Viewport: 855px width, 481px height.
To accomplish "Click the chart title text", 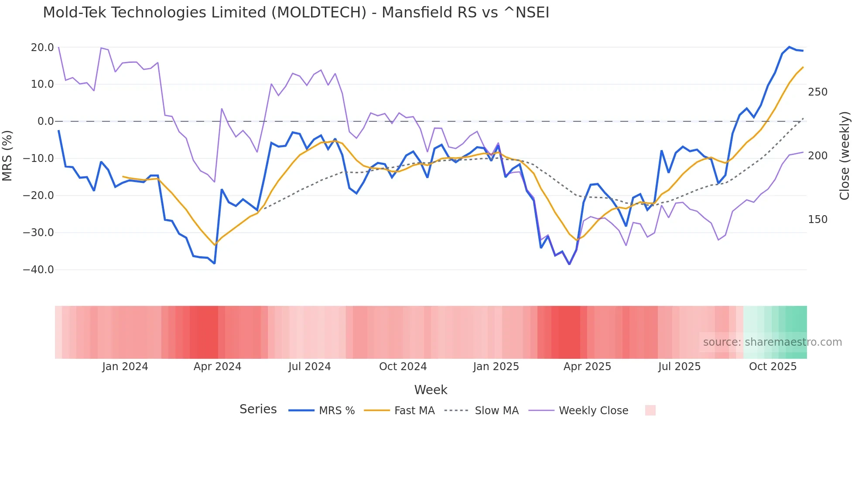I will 296,13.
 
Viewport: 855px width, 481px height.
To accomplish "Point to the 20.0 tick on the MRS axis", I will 42,47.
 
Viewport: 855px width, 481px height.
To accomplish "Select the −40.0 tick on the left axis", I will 38,270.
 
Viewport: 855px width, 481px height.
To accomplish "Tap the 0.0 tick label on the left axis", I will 45,121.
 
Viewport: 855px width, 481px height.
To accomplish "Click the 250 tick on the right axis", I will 817,92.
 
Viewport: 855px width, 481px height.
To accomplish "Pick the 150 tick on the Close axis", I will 817,220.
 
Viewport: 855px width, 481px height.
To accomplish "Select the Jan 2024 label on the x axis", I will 125,367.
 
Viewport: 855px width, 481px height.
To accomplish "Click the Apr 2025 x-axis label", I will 587,367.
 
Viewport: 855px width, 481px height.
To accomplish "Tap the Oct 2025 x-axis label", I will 773,367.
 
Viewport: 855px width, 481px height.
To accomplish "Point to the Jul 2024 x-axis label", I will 309,367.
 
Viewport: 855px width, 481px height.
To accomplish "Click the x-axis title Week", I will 431,390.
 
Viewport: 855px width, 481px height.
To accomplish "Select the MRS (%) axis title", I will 7,156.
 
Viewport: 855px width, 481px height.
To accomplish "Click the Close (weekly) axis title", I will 845,156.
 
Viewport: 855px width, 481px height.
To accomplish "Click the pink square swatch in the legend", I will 650,410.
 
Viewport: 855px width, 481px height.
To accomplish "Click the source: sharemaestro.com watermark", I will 772,342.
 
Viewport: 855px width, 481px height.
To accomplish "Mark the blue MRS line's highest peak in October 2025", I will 789,47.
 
